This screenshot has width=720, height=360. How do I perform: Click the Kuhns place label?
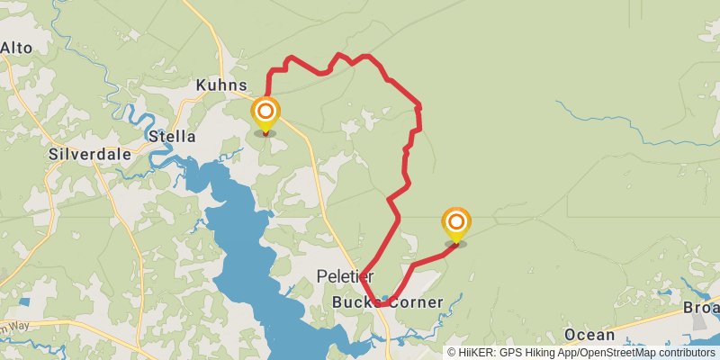pyautogui.click(x=221, y=85)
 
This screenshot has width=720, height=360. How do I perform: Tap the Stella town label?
pyautogui.click(x=171, y=137)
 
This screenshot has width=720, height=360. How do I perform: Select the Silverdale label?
pyautogui.click(x=89, y=154)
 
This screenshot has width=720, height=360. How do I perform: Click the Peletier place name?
pyautogui.click(x=345, y=275)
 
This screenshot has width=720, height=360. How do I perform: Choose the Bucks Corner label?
pyautogui.click(x=388, y=302)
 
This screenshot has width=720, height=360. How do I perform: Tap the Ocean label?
pyautogui.click(x=589, y=335)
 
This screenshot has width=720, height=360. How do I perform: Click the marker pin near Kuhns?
pyautogui.click(x=265, y=116)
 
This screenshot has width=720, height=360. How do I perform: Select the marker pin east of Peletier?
pyautogui.click(x=456, y=225)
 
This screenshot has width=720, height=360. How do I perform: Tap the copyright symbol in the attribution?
pyautogui.click(x=453, y=353)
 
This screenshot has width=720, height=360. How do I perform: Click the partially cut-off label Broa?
pyautogui.click(x=701, y=308)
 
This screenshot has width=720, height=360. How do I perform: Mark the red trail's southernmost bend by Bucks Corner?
pyautogui.click(x=380, y=304)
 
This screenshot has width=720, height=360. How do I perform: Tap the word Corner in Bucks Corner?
pyautogui.click(x=413, y=302)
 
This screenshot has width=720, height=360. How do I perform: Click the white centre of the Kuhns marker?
pyautogui.click(x=265, y=112)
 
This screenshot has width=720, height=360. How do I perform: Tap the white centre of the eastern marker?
pyautogui.click(x=456, y=220)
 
